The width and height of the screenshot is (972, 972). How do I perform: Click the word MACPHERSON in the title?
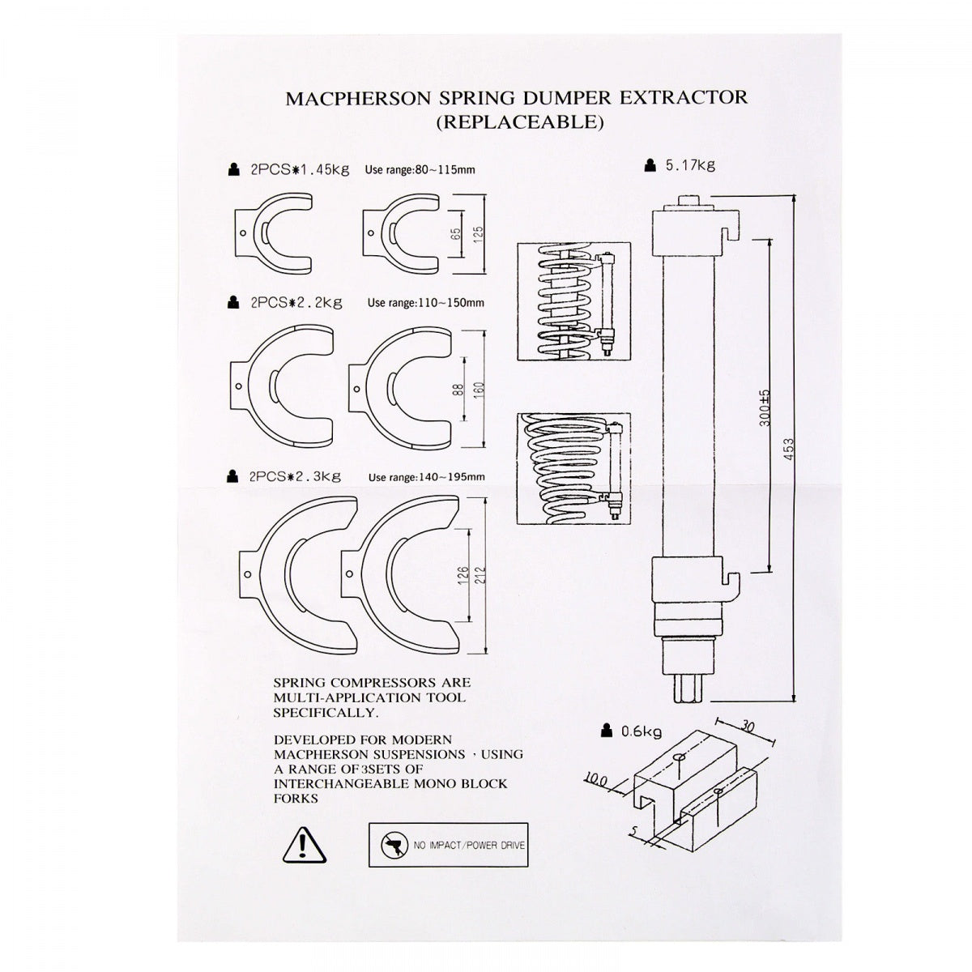[345, 98]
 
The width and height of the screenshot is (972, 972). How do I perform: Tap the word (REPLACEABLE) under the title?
[518, 123]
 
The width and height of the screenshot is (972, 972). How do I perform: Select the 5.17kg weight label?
[689, 166]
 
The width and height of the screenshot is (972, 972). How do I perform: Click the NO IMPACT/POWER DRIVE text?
[469, 846]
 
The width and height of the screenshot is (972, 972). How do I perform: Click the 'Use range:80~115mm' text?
[420, 169]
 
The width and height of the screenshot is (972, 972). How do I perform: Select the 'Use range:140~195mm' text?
[426, 476]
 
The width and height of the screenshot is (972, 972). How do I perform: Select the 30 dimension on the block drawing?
[747, 727]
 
